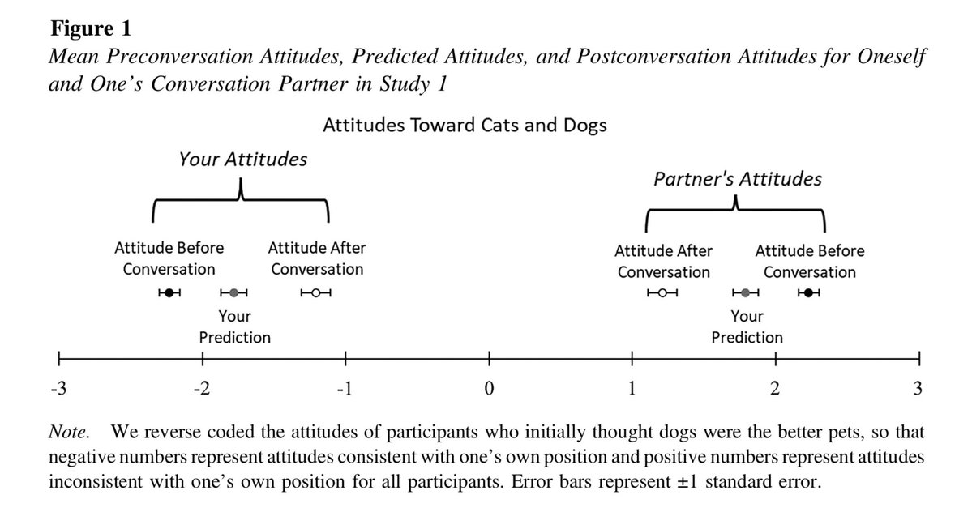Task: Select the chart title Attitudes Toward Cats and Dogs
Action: coord(465,126)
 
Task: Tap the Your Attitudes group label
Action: coord(242,160)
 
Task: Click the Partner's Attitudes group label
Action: coord(737,179)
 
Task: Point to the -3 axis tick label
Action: coord(58,389)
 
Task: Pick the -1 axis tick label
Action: coord(345,389)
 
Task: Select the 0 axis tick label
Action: coord(489,389)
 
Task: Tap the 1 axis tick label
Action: coord(632,389)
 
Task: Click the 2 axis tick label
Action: coord(775,389)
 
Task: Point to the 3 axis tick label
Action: coord(918,389)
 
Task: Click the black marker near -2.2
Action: coord(169,293)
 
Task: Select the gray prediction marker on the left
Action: coord(233,293)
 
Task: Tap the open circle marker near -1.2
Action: coord(316,293)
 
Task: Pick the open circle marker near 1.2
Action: coord(662,293)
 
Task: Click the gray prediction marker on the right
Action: coord(746,293)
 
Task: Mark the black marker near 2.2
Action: coord(809,293)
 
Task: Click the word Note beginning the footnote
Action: coord(68,429)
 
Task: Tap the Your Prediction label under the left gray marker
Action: coord(234,326)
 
